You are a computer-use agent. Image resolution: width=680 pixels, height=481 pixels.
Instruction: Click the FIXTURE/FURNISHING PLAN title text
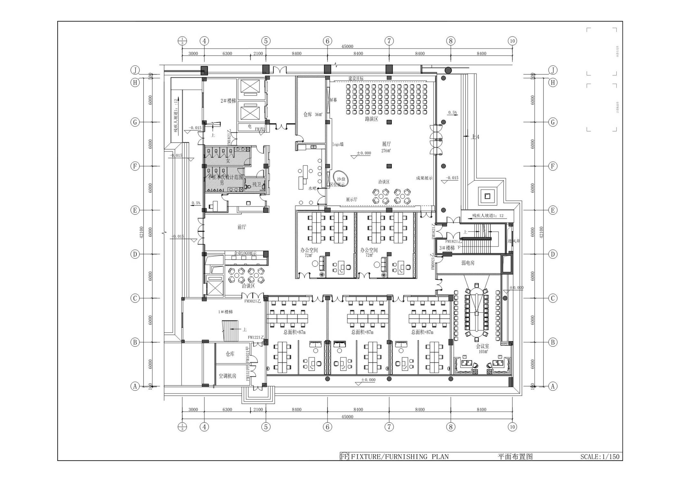[399, 457]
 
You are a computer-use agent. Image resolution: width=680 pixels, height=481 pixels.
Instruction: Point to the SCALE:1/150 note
[600, 457]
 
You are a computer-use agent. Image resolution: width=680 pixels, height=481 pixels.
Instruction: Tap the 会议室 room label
[483, 346]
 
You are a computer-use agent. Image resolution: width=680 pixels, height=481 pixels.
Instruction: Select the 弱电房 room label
[468, 263]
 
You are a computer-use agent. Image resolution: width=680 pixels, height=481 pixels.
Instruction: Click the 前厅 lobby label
[242, 227]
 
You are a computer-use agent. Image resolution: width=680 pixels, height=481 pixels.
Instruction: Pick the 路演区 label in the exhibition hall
[372, 119]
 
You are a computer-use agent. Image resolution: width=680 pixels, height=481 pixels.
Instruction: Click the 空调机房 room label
[228, 376]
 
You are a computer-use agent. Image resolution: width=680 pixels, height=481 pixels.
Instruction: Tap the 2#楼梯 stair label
[228, 101]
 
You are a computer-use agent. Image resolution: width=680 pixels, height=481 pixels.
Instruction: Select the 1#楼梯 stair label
[225, 312]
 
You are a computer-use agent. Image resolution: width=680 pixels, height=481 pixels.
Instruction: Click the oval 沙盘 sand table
[341, 179]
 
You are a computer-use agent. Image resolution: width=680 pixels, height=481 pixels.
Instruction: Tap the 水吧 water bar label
[312, 188]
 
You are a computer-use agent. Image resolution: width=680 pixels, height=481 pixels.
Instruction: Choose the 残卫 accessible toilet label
[257, 184]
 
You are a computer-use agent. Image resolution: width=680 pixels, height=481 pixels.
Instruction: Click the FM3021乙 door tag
[252, 301]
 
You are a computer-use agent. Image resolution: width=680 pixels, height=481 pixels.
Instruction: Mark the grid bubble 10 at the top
[512, 41]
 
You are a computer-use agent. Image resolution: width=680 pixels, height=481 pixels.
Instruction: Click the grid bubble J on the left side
[135, 70]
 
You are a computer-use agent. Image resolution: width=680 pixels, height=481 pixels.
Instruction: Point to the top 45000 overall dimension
[347, 47]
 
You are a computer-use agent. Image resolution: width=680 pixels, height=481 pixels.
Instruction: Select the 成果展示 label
[424, 178]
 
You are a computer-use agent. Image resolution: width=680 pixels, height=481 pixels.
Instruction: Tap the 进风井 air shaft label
[514, 241]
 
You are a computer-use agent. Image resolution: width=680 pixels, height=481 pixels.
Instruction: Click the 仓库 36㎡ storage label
[313, 114]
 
